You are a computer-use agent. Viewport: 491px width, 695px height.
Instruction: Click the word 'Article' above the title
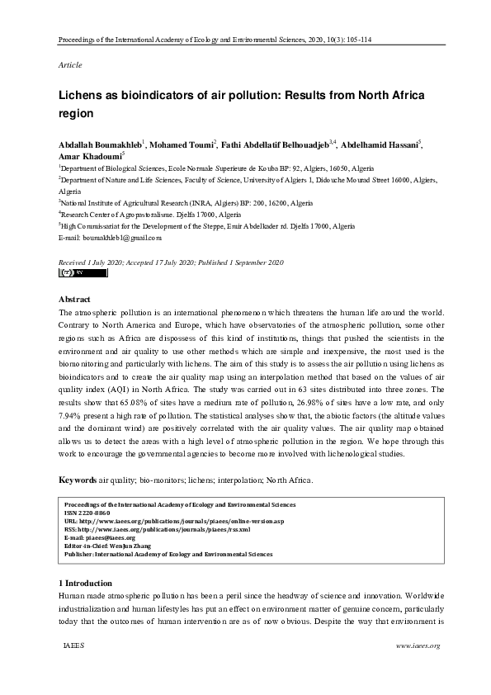(70, 64)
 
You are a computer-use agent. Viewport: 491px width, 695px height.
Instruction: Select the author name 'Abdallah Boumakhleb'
(99, 143)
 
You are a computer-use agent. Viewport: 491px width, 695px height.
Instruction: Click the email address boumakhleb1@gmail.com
(120, 237)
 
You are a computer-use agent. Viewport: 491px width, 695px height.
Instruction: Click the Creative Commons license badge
(72, 272)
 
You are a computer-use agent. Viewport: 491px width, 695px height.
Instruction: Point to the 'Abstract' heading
(74, 299)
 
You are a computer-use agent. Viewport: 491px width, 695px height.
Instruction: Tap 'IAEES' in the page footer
(73, 645)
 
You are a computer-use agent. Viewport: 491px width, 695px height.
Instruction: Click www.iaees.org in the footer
(418, 645)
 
